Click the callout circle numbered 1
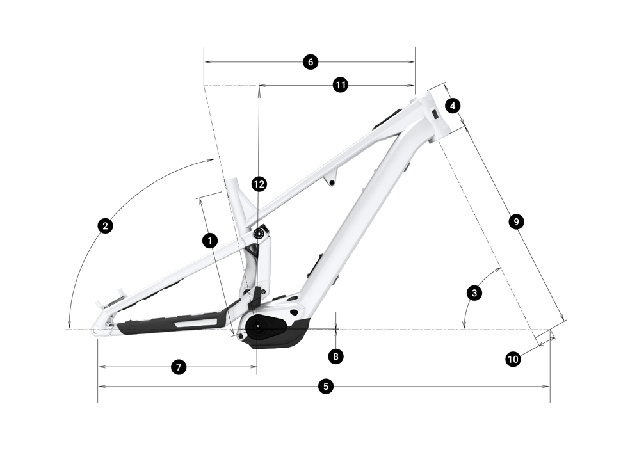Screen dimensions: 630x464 210,241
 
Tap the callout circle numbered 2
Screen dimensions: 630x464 105,226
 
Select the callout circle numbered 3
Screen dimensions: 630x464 474,293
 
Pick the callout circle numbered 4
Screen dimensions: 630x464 453,106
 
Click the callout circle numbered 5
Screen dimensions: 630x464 326,387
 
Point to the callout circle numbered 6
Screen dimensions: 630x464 310,62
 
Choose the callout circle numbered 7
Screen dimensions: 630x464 179,367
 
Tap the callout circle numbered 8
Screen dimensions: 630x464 336,356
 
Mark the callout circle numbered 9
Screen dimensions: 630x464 516,221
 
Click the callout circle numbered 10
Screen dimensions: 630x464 513,359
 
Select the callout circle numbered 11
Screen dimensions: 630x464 341,85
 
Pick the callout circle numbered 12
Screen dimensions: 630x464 259,184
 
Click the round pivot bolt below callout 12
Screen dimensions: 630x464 259,234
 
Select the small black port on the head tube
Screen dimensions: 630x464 434,114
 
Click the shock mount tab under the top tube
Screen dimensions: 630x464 331,179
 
